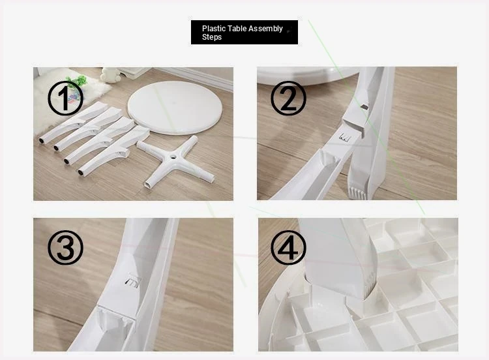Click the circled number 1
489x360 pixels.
65,98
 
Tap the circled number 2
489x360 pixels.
288,98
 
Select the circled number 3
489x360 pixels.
65,248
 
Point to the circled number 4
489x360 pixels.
288,248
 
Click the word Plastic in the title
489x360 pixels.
214,29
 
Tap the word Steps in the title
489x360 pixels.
212,37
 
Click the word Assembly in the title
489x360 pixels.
266,29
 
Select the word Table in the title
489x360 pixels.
237,29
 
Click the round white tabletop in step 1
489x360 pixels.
175,108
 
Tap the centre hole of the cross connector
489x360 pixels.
172,158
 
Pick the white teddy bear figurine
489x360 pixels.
110,75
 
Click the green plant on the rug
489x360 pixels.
78,82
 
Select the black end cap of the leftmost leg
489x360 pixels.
42,141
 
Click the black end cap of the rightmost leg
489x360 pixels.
81,172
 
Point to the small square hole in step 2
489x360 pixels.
364,107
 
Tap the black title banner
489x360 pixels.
244,32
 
